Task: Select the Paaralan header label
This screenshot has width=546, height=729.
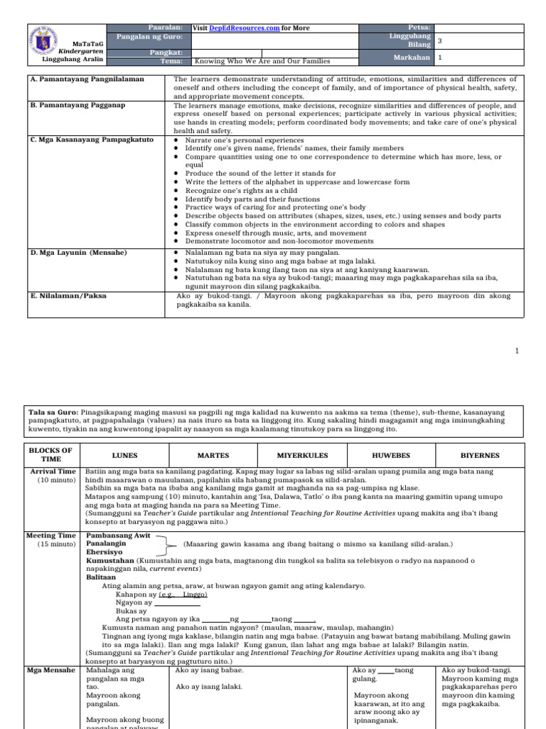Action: (x=164, y=28)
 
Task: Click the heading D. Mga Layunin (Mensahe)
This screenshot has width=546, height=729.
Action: (x=79, y=252)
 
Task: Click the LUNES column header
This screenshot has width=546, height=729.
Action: (x=125, y=456)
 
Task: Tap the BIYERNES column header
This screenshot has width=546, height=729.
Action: (x=480, y=456)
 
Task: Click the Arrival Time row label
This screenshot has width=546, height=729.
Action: (x=53, y=472)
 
